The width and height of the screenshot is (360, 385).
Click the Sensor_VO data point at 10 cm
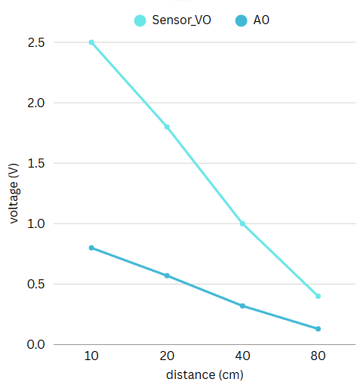91,42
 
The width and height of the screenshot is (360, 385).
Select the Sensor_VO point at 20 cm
167,127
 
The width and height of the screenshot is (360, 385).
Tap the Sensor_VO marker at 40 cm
242,223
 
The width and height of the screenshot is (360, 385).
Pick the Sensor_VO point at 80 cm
318,296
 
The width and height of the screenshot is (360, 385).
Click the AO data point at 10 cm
91,248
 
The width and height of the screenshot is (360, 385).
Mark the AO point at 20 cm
167,276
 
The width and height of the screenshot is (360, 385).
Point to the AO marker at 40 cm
242,306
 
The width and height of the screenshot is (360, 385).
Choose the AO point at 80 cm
318,328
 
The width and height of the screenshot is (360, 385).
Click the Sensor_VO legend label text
182,20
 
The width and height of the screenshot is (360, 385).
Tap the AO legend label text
261,20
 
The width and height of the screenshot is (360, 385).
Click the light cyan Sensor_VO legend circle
140,20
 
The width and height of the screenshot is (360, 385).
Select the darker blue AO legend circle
240,20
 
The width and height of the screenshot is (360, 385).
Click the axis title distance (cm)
205,374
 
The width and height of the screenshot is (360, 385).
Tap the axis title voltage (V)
14,193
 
